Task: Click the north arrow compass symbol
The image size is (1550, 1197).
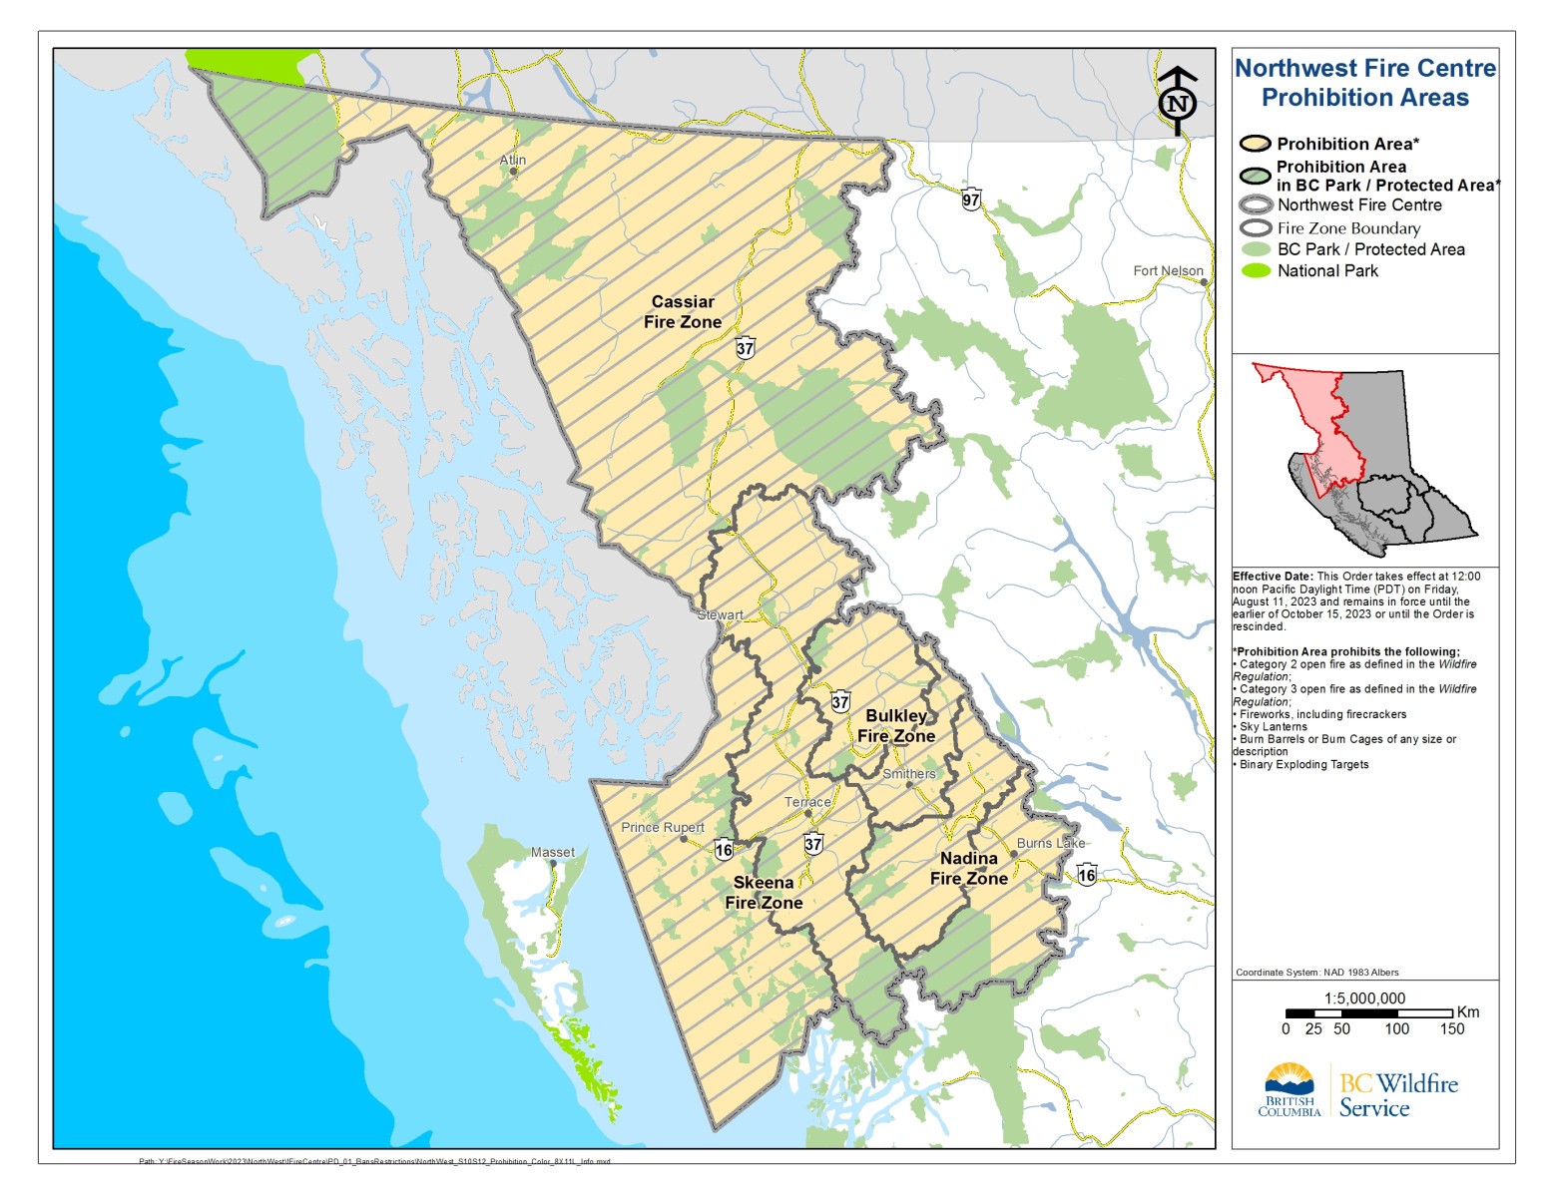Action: [x=1178, y=101]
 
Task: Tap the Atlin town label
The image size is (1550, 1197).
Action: [x=513, y=160]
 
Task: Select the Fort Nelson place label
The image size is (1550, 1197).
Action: [x=1168, y=270]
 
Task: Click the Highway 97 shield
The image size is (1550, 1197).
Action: [x=971, y=199]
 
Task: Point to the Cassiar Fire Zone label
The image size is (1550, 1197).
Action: [x=683, y=311]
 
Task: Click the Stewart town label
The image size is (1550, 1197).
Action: [x=720, y=614]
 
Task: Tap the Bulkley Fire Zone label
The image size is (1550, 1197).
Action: [x=896, y=726]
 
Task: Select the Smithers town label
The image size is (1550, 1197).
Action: [x=909, y=773]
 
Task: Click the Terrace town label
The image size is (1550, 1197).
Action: [x=807, y=802]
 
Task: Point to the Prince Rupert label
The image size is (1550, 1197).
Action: [x=663, y=827]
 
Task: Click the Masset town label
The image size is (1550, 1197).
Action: [x=553, y=852]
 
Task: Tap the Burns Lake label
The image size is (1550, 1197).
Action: [x=1050, y=843]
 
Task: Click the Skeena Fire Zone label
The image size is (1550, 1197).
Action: [x=764, y=892]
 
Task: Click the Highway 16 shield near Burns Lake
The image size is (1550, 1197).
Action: [x=1087, y=875]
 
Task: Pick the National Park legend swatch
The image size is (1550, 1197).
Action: [x=1256, y=270]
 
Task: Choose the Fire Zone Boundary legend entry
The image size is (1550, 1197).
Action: [x=1348, y=227]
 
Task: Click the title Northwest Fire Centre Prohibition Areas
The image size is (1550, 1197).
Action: [x=1365, y=83]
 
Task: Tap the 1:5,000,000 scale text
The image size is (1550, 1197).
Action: [x=1364, y=998]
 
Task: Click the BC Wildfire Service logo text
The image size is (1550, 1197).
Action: [x=1397, y=1095]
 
